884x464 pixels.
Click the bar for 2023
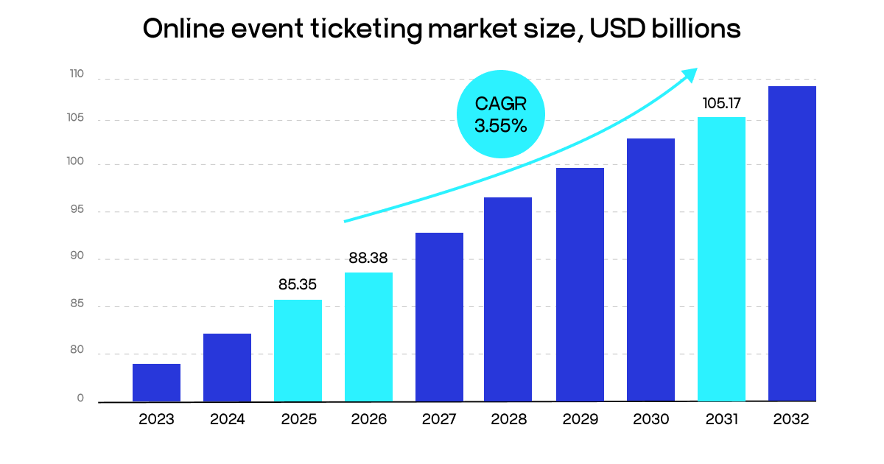[156, 383]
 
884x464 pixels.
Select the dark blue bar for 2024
[227, 368]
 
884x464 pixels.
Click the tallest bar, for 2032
[792, 244]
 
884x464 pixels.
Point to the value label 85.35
[298, 283]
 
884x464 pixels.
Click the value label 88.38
[368, 259]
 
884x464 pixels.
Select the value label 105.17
[721, 103]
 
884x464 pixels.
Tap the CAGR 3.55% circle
[500, 114]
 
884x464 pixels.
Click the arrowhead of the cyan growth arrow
[690, 73]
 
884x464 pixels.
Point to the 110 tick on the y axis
[77, 74]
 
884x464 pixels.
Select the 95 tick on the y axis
[77, 211]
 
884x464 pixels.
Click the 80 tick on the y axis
[77, 353]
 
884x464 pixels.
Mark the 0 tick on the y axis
[80, 398]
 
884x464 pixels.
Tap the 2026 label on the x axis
[368, 420]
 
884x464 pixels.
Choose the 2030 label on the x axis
[650, 420]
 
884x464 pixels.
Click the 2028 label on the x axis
[509, 420]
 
